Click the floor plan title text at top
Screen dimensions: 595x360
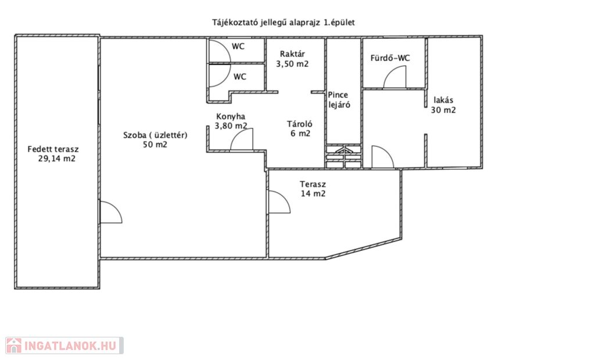point(284,23)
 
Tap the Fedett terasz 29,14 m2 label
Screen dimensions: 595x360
point(53,154)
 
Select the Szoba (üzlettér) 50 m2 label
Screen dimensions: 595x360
point(155,139)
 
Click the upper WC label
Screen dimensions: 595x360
point(238,46)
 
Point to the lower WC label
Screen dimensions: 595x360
point(240,77)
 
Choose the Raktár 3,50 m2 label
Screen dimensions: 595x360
point(292,59)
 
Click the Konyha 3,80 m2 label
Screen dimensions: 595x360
point(231,121)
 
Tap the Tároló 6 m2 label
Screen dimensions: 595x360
point(300,128)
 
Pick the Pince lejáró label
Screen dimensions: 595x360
point(339,100)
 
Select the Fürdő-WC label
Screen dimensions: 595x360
point(390,59)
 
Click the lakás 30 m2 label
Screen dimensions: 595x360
point(443,105)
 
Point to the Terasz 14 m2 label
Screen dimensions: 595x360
point(313,189)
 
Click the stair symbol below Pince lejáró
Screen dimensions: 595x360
point(343,156)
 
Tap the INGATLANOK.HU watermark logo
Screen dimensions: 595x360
point(64,345)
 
